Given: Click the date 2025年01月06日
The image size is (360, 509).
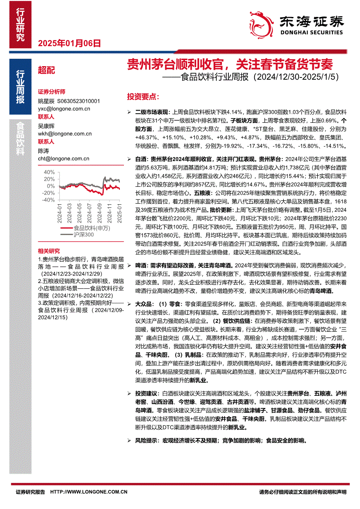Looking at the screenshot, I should click(69, 43).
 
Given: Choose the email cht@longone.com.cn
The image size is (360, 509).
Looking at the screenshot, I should click(64, 159).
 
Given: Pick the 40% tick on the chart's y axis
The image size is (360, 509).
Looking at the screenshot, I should click(49, 172).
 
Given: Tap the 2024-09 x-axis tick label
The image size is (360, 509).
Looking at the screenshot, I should click(100, 212).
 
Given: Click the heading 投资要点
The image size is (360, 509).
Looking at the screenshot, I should click(143, 96).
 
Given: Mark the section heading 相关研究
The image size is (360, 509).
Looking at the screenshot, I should click(49, 251).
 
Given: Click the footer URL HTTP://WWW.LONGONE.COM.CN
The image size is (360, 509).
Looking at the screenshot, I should click(89, 492).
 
